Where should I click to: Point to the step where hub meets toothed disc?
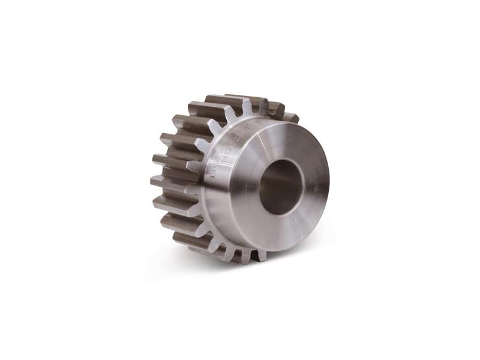pos(207,198)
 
